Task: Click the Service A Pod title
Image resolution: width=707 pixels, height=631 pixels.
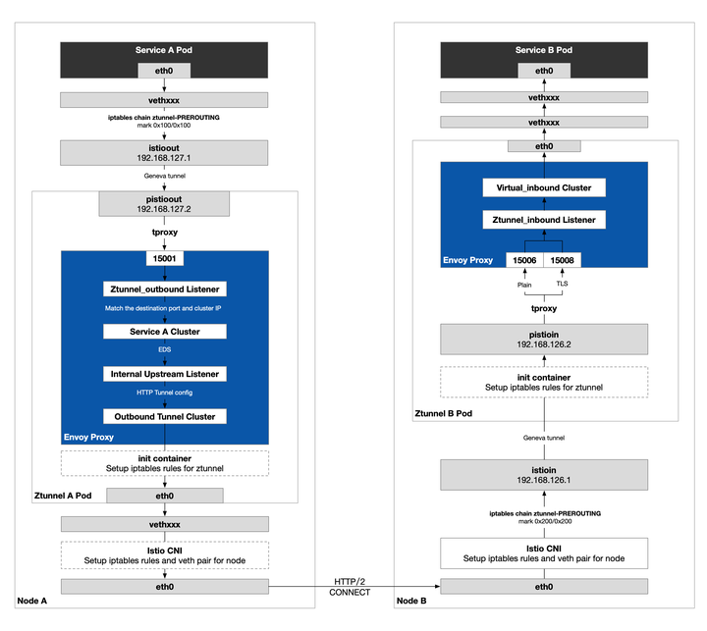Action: (164, 50)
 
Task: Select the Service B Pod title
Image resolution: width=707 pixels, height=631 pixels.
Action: (543, 50)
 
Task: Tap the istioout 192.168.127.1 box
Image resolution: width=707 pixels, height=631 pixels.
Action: (164, 152)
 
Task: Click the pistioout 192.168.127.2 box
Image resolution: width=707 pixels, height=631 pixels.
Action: (164, 203)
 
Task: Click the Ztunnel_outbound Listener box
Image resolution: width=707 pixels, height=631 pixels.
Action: (164, 289)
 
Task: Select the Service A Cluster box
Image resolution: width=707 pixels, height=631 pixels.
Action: (164, 332)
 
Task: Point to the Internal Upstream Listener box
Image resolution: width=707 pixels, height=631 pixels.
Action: (164, 374)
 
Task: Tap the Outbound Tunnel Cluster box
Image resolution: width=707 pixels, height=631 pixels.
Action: (164, 416)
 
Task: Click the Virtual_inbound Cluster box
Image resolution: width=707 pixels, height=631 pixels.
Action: (543, 186)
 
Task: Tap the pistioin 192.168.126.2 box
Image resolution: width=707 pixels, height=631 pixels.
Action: (543, 340)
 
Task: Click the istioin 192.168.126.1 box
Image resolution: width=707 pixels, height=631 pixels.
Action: (543, 476)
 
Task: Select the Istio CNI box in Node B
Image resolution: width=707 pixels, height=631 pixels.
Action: (543, 552)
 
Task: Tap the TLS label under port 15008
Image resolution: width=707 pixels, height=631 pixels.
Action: (563, 284)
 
